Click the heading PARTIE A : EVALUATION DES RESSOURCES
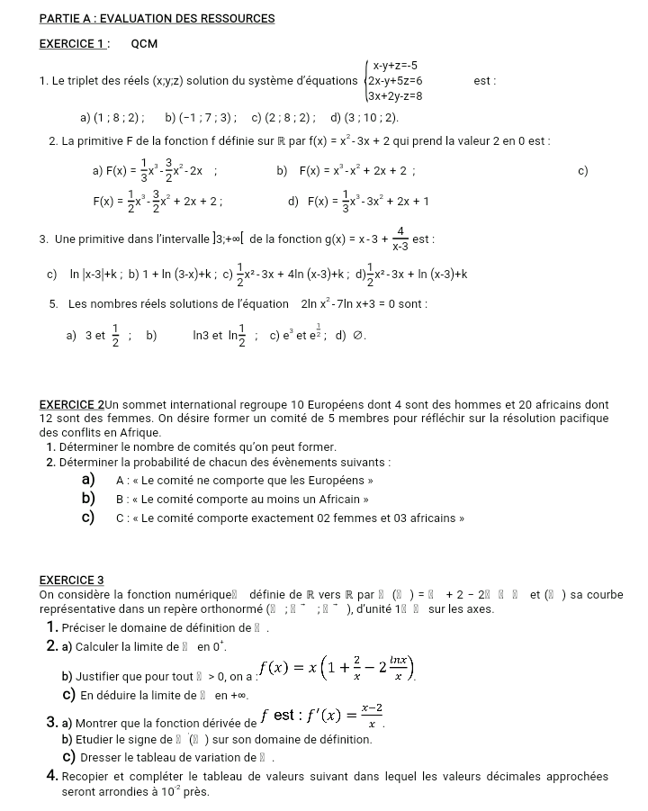tap(157, 18)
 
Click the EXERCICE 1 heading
tap(75, 43)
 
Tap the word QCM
tap(144, 43)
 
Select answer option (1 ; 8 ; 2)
tap(117, 117)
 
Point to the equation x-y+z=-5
tap(394, 65)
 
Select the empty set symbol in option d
tap(357, 337)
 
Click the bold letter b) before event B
tap(88, 499)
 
